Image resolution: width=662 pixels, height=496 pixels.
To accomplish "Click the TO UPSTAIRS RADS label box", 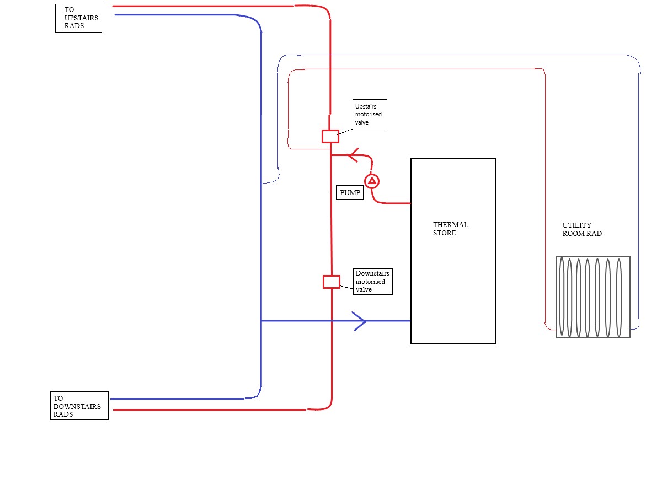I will pyautogui.click(x=78, y=18).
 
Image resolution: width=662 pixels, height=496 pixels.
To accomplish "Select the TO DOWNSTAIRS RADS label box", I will pyautogui.click(x=79, y=406).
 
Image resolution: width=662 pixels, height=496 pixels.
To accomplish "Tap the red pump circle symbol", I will pyautogui.click(x=372, y=181).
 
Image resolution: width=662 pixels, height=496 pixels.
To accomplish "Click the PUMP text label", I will pyautogui.click(x=350, y=192).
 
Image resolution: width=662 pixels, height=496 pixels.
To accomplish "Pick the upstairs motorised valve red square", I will pyautogui.click(x=330, y=136).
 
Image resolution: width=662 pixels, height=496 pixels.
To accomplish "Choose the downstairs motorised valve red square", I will pyautogui.click(x=331, y=282).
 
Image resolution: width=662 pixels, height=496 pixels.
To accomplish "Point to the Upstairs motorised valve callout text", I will pyautogui.click(x=370, y=115).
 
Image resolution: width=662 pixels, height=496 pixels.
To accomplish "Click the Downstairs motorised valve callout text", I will pyautogui.click(x=373, y=282).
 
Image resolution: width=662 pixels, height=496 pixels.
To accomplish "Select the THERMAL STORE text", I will pyautogui.click(x=450, y=229).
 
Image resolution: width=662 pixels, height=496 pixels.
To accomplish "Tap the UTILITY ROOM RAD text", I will pyautogui.click(x=581, y=229).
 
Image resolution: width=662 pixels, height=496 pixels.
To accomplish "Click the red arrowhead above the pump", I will pyautogui.click(x=353, y=155).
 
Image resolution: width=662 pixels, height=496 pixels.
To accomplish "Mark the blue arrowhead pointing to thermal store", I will pyautogui.click(x=360, y=321).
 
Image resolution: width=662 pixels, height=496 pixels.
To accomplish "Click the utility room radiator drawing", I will pyautogui.click(x=592, y=296).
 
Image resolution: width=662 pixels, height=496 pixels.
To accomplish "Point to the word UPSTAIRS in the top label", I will pyautogui.click(x=81, y=18).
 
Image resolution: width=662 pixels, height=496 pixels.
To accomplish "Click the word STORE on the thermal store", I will pyautogui.click(x=445, y=233).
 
